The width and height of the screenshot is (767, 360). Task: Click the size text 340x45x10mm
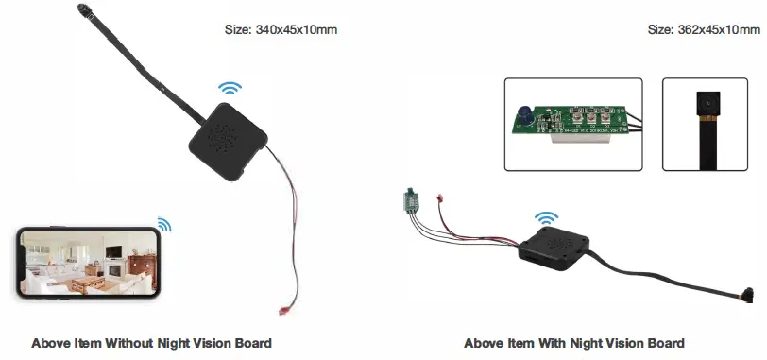pos(297,30)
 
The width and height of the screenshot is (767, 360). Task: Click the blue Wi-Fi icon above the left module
pos(230,89)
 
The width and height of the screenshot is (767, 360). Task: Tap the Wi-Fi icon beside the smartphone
pos(164,224)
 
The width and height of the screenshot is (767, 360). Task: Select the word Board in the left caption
pos(253,343)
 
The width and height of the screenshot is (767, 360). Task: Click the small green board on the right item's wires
pos(412,201)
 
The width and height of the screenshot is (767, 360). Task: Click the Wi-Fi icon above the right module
pos(545,220)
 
